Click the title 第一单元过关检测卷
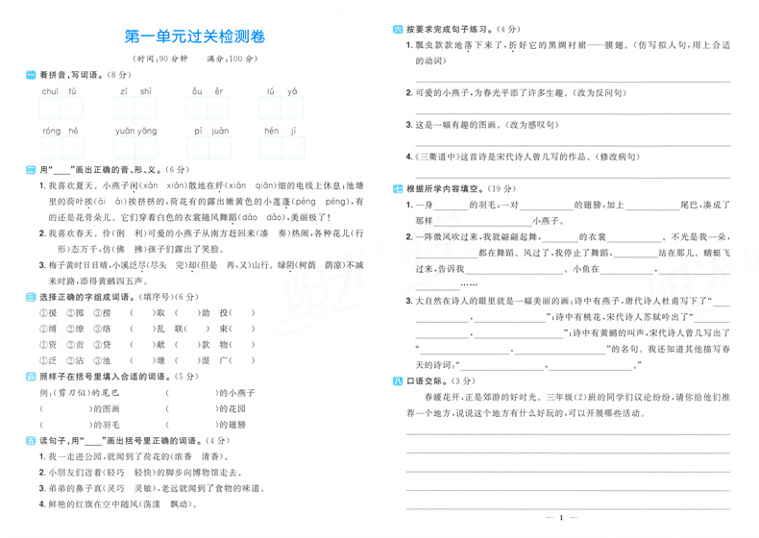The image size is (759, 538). (195, 37)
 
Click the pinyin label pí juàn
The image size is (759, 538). (211, 131)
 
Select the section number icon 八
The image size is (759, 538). (398, 381)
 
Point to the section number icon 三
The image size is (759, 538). (31, 298)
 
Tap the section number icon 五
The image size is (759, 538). (31, 439)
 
